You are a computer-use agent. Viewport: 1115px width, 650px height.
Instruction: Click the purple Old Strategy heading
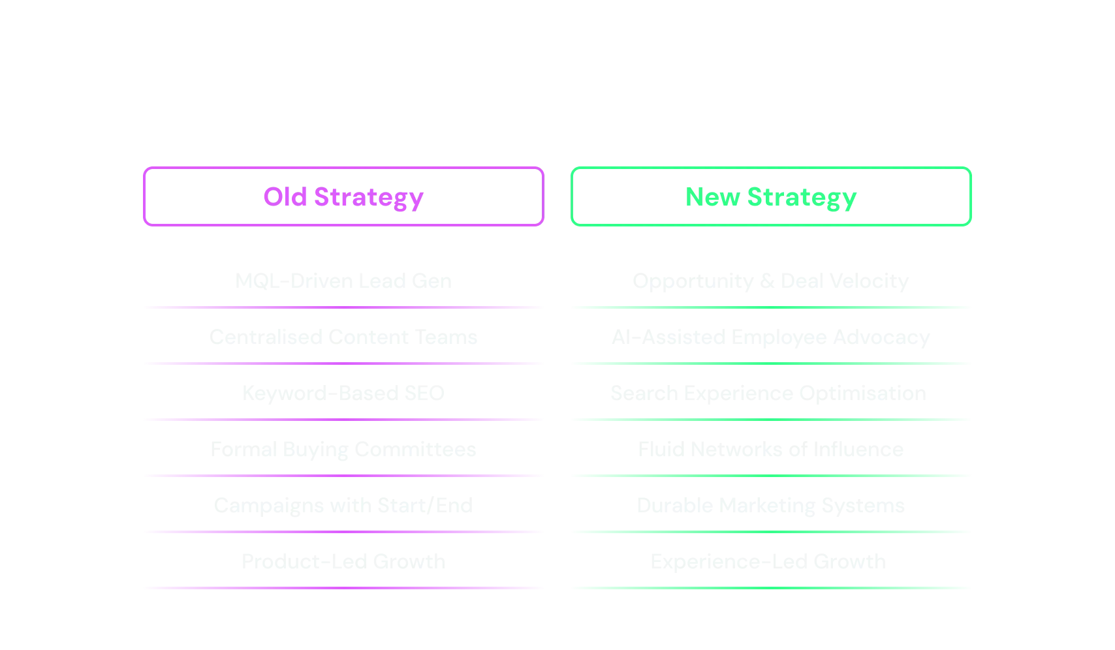coord(343,197)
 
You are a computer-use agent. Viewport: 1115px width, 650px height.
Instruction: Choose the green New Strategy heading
coord(771,197)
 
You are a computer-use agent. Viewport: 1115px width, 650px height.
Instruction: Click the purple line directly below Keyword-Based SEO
coord(344,420)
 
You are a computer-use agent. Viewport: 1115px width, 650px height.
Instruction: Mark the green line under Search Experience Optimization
coord(772,420)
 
